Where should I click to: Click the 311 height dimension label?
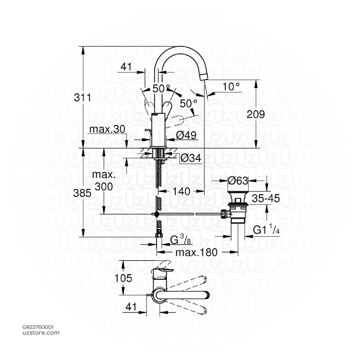pos(83,98)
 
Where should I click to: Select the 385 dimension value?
pos(83,192)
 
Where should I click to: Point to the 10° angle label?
pos(231,86)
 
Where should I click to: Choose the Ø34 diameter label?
pos(191,159)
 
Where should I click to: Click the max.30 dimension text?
pos(107,129)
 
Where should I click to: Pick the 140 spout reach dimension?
pos(181,192)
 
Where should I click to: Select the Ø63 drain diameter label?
pos(238,181)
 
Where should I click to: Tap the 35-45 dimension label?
pos(265,199)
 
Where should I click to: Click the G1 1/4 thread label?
pos(266,230)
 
